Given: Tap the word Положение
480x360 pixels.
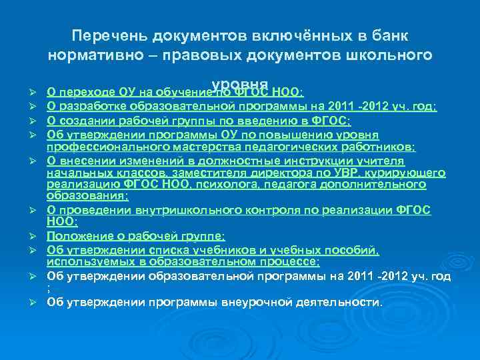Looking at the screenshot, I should point(76,236).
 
